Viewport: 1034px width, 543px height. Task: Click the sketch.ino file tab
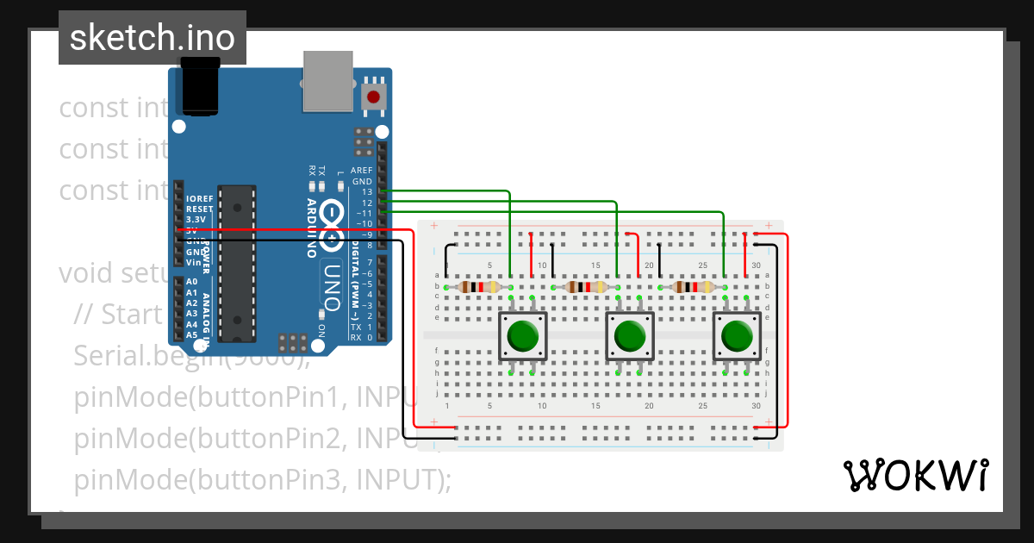click(152, 38)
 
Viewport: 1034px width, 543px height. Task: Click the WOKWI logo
click(914, 475)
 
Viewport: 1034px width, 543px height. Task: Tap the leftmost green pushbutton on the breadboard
click(522, 335)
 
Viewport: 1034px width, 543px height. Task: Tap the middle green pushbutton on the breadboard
click(629, 335)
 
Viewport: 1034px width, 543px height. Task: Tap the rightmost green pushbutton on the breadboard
click(736, 335)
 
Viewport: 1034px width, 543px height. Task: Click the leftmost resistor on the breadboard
click(478, 287)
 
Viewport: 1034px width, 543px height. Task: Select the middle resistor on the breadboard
click(585, 287)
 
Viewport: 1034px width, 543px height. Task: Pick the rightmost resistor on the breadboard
click(692, 287)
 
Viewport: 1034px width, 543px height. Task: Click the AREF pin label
click(361, 171)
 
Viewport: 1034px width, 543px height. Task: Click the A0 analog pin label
click(191, 282)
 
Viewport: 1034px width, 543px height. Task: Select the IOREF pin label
click(199, 198)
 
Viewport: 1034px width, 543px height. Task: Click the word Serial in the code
click(109, 354)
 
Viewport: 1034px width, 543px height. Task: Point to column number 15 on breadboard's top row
click(595, 265)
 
